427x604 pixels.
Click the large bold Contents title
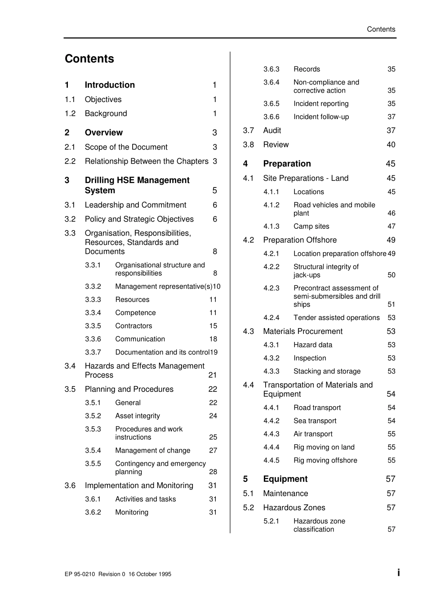click(89, 59)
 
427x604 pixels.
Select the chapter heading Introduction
click(110, 85)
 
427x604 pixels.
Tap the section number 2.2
click(70, 161)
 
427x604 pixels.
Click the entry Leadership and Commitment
click(135, 205)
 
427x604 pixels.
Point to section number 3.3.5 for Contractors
click(93, 326)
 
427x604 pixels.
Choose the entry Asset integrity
click(138, 416)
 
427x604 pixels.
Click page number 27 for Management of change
click(213, 450)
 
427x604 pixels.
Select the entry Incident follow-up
click(321, 117)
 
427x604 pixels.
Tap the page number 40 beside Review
click(391, 145)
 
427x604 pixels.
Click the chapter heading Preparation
click(287, 164)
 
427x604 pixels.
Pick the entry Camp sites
click(311, 226)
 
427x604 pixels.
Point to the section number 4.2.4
click(271, 318)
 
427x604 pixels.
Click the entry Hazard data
click(313, 345)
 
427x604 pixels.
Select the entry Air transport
click(313, 434)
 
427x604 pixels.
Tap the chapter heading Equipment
click(285, 479)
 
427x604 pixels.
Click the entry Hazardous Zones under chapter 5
click(294, 508)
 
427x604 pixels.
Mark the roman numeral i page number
click(398, 573)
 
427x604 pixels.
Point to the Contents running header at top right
click(381, 29)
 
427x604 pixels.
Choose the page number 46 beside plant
click(391, 213)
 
